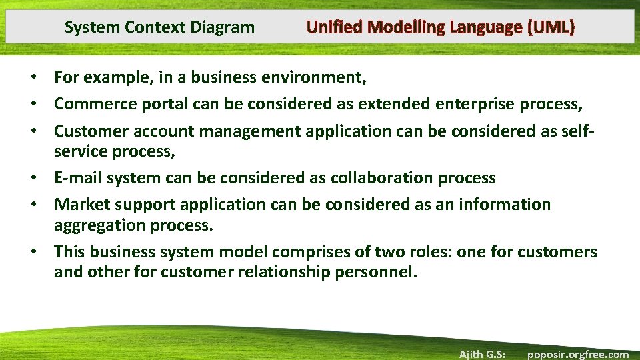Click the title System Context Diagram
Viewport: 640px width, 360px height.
(x=159, y=27)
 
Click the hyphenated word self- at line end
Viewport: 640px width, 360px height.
(x=580, y=131)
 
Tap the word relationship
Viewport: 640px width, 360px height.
(x=283, y=273)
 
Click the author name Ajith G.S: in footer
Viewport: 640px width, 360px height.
(x=481, y=354)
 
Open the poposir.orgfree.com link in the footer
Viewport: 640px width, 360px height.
(x=577, y=354)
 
